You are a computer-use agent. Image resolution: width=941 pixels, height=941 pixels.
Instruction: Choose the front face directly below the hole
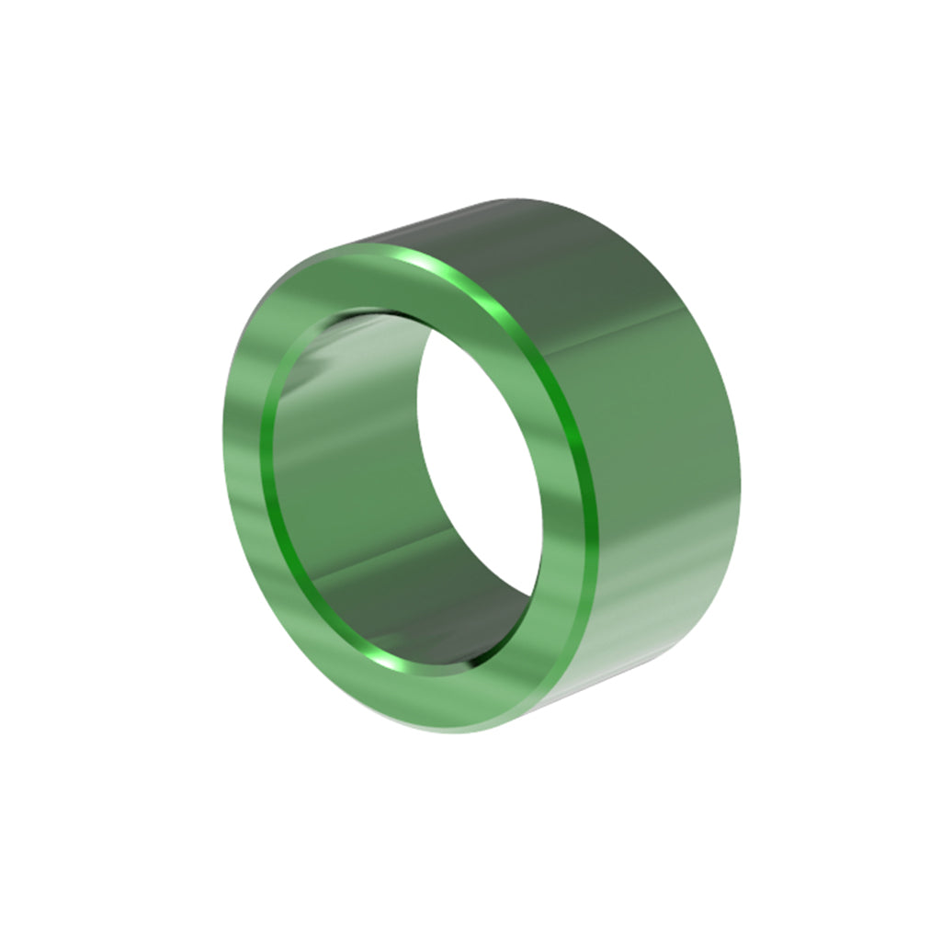459,698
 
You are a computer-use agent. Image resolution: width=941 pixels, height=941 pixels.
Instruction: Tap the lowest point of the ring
478,733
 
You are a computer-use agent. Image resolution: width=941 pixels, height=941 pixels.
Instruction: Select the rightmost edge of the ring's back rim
740,441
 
